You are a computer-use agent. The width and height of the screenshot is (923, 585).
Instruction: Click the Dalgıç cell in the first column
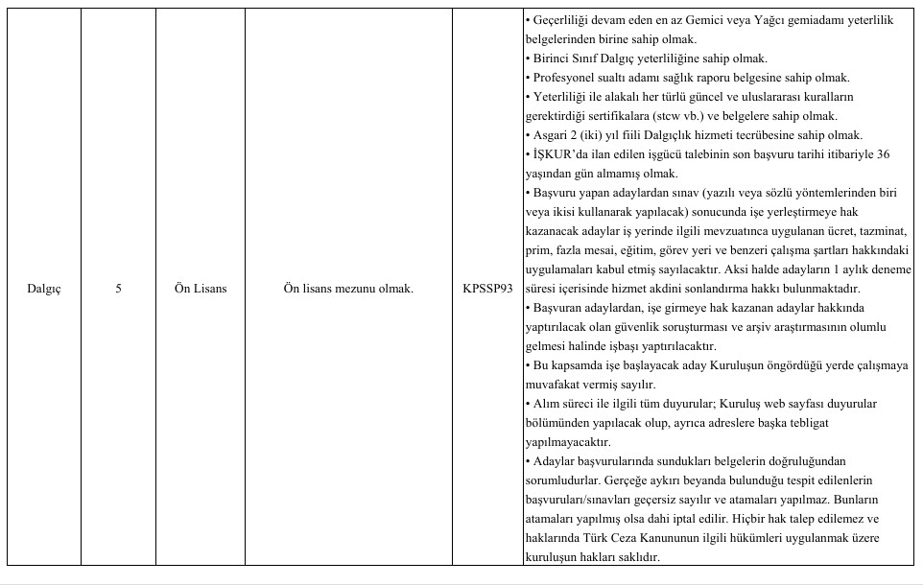[x=44, y=289]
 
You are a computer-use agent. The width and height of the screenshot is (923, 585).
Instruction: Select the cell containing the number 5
[x=118, y=289]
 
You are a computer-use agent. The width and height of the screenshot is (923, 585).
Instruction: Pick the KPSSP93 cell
[x=487, y=289]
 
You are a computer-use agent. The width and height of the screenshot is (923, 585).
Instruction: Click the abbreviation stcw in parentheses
[x=711, y=116]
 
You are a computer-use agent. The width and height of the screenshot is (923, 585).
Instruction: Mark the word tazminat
[x=882, y=231]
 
